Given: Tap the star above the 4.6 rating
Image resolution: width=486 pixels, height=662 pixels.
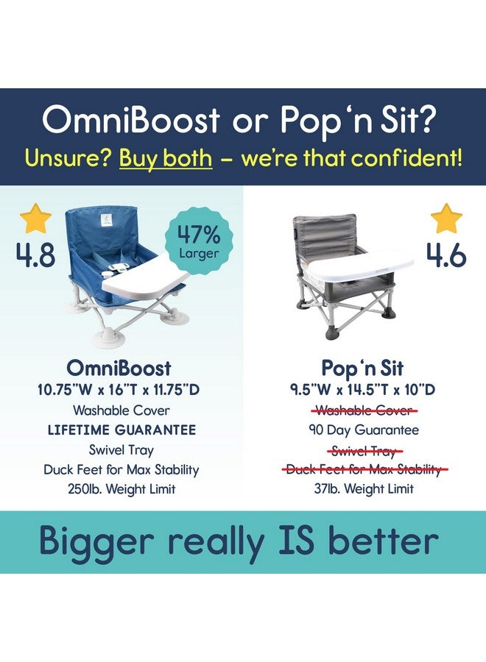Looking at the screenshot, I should point(447,219).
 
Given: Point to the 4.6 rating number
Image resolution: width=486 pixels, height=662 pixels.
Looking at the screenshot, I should point(445,255).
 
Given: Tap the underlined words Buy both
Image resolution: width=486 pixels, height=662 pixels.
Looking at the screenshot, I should point(166,157).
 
